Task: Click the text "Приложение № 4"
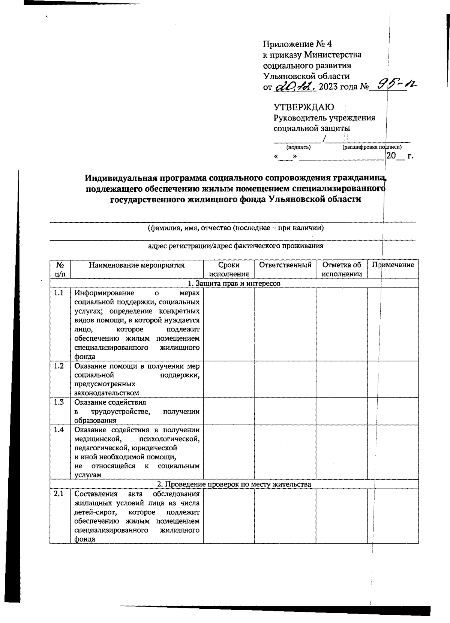pyautogui.click(x=297, y=44)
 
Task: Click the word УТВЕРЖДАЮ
pyautogui.click(x=304, y=107)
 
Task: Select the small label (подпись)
pyautogui.click(x=298, y=147)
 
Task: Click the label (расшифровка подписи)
pyautogui.click(x=372, y=147)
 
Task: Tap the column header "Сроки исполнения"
pyautogui.click(x=229, y=269)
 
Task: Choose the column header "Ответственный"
pyautogui.click(x=285, y=265)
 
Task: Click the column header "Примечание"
pyautogui.click(x=393, y=265)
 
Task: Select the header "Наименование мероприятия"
pyautogui.click(x=137, y=265)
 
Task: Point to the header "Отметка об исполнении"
pyautogui.click(x=341, y=269)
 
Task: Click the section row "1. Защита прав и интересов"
pyautogui.click(x=234, y=283)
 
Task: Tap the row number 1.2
pyautogui.click(x=59, y=366)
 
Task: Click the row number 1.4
pyautogui.click(x=59, y=430)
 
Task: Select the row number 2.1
pyautogui.click(x=59, y=494)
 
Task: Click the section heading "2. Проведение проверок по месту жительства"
pyautogui.click(x=234, y=484)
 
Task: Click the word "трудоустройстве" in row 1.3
pyautogui.click(x=120, y=411)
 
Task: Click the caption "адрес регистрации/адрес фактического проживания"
pyautogui.click(x=235, y=246)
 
